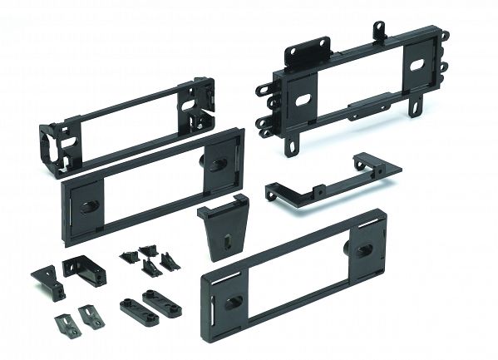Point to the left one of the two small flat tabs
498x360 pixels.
64,320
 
